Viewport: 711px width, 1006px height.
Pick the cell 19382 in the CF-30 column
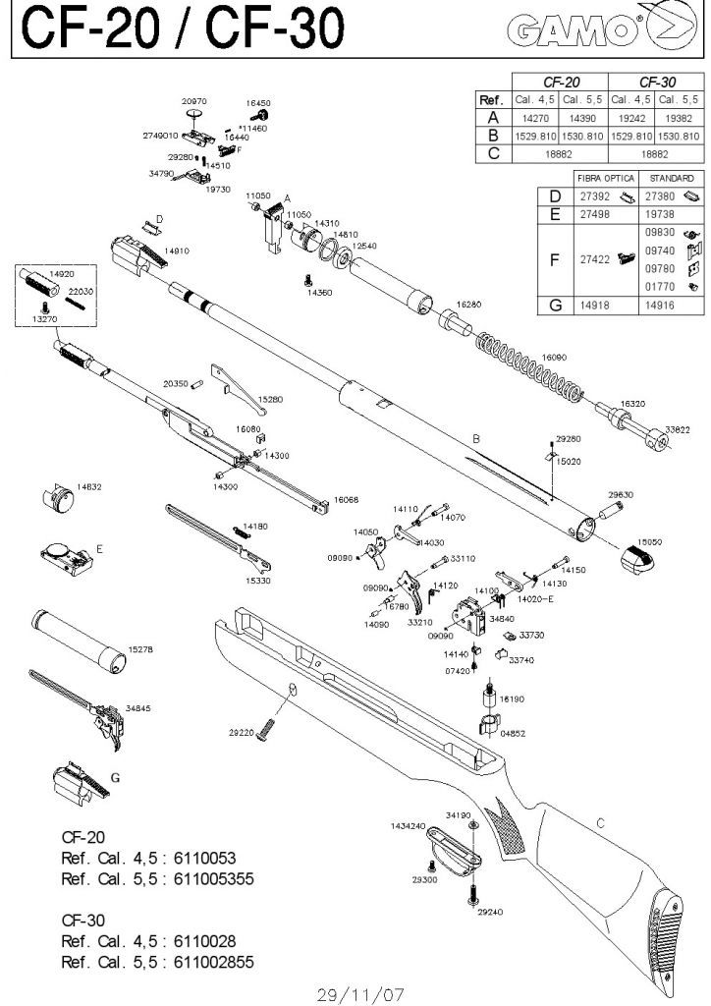coord(679,117)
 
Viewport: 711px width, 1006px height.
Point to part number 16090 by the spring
coord(555,358)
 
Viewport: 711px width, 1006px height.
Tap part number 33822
coord(677,428)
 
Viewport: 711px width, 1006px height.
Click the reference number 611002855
coord(213,962)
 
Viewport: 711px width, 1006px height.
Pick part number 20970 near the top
coord(193,100)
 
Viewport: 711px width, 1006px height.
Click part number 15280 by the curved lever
coord(269,400)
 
